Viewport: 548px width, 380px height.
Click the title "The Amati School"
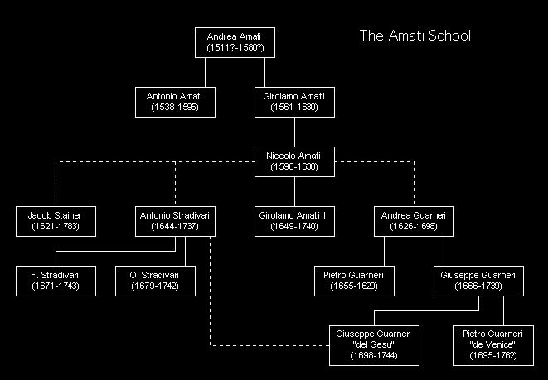click(415, 36)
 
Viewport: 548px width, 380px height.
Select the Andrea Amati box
click(235, 42)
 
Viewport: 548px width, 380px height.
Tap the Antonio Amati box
click(175, 102)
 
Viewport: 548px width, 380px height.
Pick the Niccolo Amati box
click(294, 162)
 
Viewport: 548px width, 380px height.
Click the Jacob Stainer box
click(56, 222)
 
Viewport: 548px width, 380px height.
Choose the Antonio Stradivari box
click(175, 222)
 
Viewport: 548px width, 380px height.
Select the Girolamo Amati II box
click(294, 222)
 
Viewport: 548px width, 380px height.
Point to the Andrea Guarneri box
click(415, 222)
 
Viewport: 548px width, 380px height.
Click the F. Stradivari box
click(56, 281)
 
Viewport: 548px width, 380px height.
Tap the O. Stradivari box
click(155, 281)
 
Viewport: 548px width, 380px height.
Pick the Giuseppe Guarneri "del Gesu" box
click(374, 345)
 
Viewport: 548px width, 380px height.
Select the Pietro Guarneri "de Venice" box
click(493, 345)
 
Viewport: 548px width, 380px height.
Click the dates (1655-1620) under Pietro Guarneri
click(354, 286)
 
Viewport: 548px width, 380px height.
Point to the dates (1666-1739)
click(478, 286)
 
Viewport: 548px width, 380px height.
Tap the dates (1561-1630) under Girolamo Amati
click(294, 107)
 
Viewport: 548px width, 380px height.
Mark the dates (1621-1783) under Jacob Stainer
click(56, 227)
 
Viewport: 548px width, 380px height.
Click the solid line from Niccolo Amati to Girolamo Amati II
click(294, 191)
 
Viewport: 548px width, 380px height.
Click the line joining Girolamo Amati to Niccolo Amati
click(294, 132)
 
